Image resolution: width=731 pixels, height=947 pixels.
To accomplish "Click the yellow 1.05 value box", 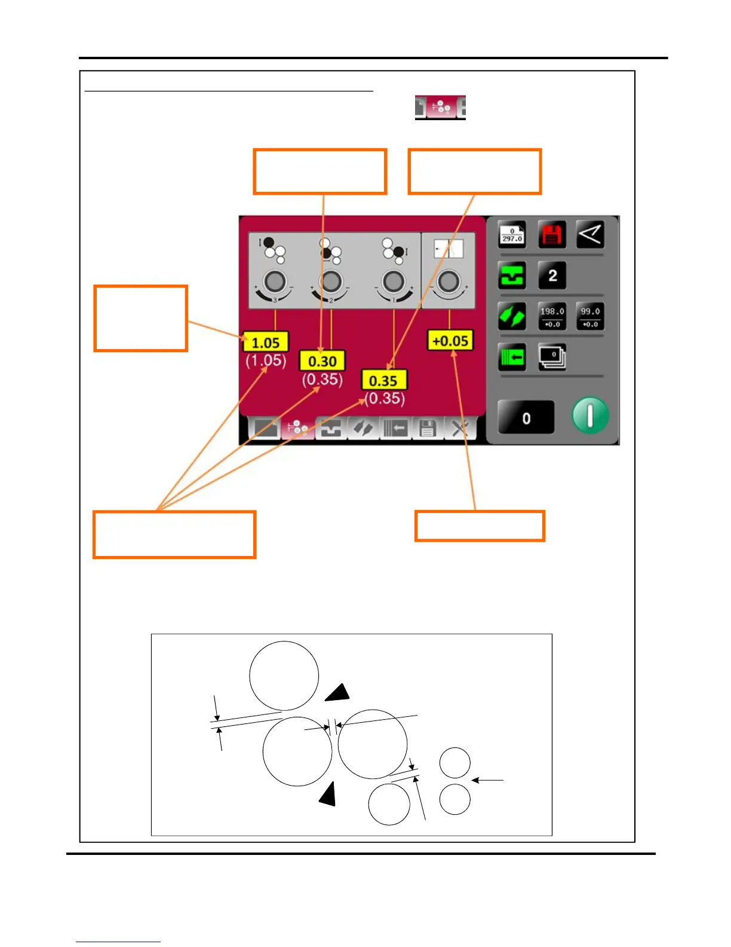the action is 266,343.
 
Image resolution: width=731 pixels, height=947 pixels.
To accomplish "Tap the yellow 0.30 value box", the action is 322,361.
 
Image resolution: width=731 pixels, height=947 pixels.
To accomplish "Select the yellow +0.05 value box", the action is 450,341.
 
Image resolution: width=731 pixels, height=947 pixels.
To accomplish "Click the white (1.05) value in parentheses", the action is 266,361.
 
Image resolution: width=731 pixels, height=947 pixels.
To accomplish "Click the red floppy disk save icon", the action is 552,234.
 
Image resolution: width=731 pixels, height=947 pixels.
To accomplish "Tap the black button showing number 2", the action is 552,276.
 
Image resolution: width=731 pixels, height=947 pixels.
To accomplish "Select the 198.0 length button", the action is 552,316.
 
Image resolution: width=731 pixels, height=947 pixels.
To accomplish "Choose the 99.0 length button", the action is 590,316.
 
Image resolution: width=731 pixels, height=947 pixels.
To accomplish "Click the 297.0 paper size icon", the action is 512,235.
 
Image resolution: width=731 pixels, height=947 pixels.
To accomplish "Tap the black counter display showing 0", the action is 526,417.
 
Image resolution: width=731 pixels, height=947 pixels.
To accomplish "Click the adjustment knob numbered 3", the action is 275,281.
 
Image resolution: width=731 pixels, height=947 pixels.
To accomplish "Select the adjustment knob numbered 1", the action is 392,281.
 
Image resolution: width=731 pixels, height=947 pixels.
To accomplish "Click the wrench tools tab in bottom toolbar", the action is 460,428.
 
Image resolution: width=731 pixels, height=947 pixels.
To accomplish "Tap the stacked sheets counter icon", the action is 552,357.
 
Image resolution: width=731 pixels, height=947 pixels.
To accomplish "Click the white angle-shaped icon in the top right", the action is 590,234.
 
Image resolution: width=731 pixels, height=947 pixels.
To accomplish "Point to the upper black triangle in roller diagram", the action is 338,692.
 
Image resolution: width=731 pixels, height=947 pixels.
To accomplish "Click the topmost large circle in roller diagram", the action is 284,676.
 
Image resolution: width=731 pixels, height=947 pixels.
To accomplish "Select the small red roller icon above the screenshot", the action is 440,108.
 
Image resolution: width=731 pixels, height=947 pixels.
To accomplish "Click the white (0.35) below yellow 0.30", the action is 322,380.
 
